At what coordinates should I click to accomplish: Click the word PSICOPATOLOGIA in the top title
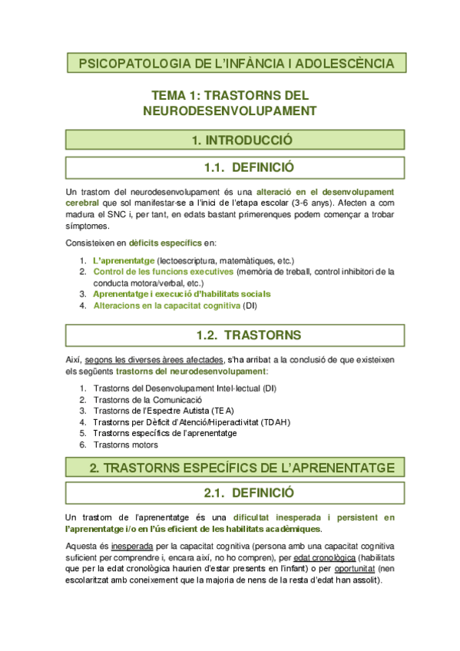[x=126, y=62]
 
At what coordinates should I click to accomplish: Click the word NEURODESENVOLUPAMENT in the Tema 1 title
[x=230, y=111]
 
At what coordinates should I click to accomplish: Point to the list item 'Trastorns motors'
[x=126, y=444]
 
